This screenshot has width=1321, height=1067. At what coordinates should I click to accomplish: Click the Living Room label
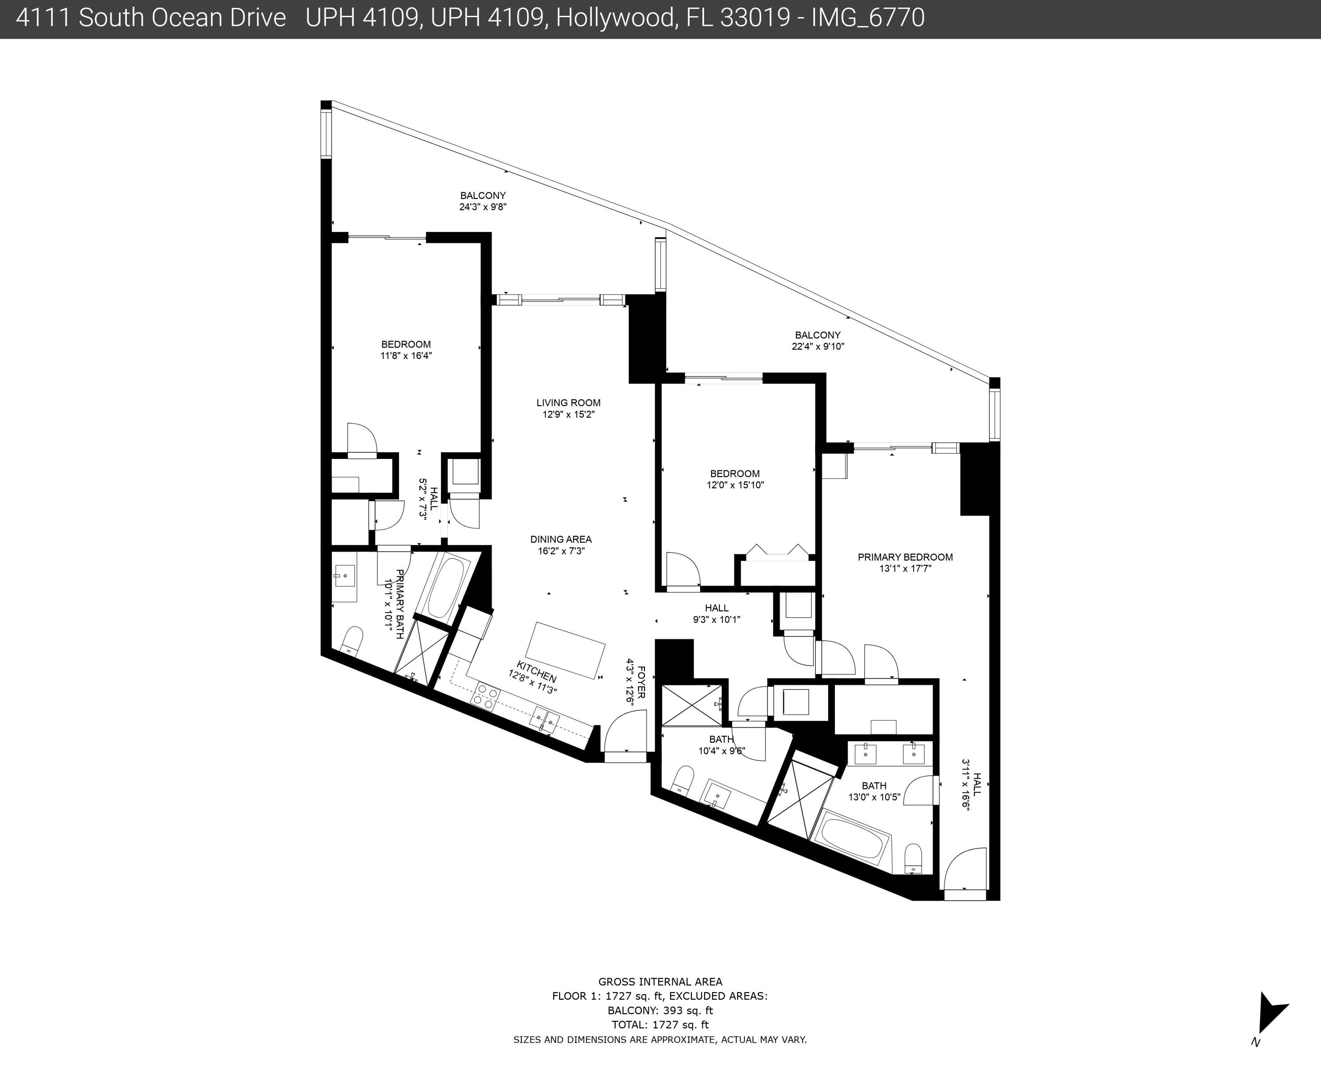[x=568, y=403]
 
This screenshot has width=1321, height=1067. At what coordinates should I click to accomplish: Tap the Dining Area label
[x=561, y=539]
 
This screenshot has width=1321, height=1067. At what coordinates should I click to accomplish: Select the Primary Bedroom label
[x=905, y=557]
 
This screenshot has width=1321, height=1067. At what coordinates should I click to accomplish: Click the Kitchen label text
[x=537, y=672]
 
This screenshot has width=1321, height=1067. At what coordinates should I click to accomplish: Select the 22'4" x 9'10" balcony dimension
[x=818, y=346]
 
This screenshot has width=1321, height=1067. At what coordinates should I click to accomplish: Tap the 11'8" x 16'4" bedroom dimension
[x=406, y=355]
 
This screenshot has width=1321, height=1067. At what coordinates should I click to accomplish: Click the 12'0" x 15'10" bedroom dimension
[x=735, y=484]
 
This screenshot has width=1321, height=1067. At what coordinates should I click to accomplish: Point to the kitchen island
[x=565, y=650]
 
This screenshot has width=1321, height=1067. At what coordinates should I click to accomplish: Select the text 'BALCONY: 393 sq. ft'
[x=660, y=1010]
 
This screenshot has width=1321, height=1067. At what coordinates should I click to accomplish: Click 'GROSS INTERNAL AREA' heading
[x=660, y=982]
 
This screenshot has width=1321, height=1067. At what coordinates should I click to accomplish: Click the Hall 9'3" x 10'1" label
[x=716, y=613]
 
